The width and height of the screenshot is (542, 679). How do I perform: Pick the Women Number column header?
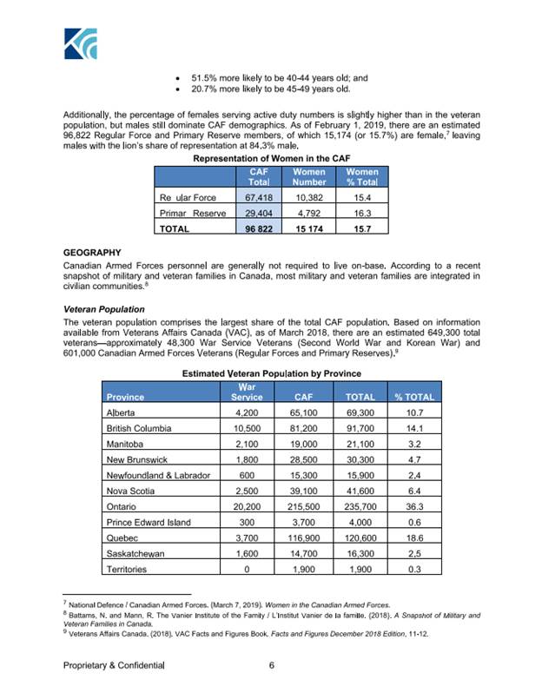[x=309, y=177]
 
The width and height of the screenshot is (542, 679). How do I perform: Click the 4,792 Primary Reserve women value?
[x=309, y=213]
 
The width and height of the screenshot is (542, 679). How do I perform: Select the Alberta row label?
[x=122, y=412]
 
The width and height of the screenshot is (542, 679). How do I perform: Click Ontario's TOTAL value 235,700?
[x=354, y=506]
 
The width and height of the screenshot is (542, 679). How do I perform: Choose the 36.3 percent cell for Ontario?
[x=413, y=506]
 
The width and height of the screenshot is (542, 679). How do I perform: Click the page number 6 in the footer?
[x=272, y=665]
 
